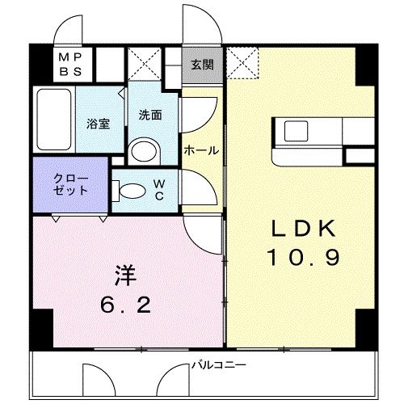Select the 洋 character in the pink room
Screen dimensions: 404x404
pyautogui.click(x=124, y=275)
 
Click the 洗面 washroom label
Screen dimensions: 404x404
pyautogui.click(x=149, y=115)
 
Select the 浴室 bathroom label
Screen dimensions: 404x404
pyautogui.click(x=99, y=124)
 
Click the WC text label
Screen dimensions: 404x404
pyautogui.click(x=159, y=191)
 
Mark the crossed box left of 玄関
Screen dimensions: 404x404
pyautogui.click(x=145, y=65)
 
